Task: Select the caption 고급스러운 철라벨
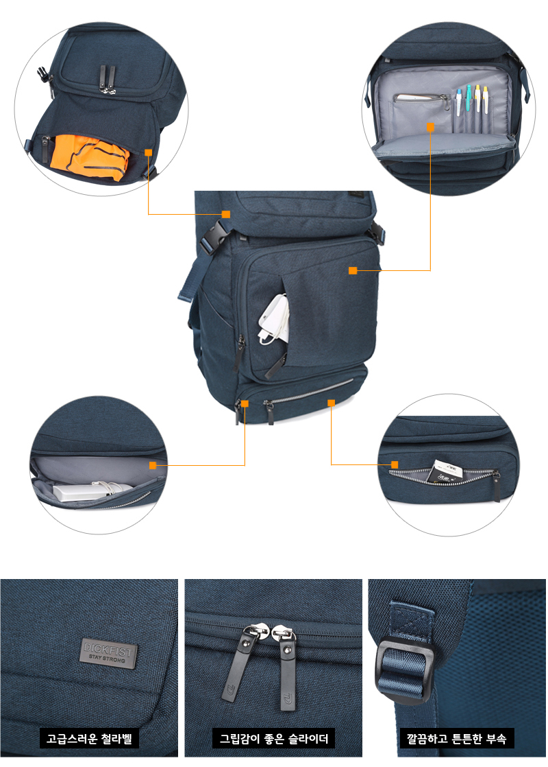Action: click(x=89, y=739)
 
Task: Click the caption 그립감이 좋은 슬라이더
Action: click(x=273, y=739)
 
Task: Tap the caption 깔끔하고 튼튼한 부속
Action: click(x=456, y=739)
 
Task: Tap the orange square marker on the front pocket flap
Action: click(x=353, y=271)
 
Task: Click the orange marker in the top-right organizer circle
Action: click(x=431, y=127)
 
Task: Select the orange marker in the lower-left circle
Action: click(x=153, y=465)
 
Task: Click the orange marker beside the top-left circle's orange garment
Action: click(x=148, y=153)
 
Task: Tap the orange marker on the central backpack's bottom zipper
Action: click(x=331, y=403)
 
